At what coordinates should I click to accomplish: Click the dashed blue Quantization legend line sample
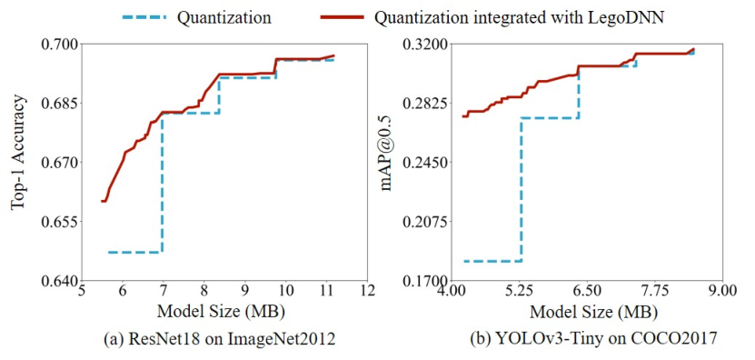point(144,18)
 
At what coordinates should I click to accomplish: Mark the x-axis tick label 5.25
point(519,293)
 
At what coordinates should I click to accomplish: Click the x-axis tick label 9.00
point(721,293)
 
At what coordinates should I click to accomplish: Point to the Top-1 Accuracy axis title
point(18,153)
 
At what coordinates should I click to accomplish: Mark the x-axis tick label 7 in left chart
point(164,293)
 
